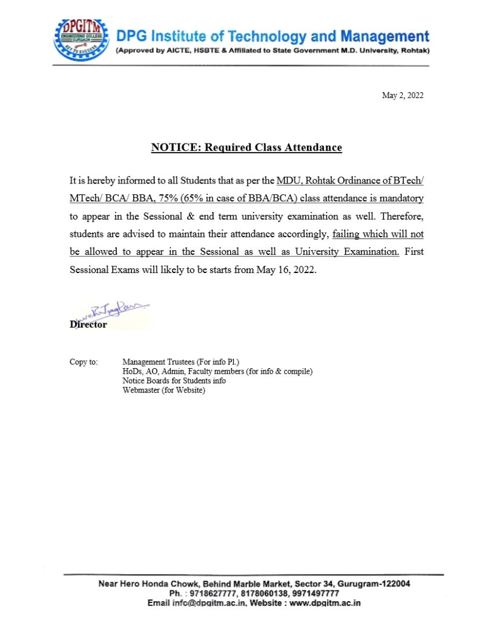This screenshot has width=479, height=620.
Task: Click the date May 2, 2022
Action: (x=402, y=96)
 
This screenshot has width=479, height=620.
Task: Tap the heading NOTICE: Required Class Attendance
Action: (x=246, y=147)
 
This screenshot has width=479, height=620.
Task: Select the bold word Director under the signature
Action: (x=88, y=325)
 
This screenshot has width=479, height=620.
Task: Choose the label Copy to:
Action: (x=84, y=362)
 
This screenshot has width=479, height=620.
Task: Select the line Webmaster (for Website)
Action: (x=164, y=391)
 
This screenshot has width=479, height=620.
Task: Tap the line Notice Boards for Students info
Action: (x=174, y=381)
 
